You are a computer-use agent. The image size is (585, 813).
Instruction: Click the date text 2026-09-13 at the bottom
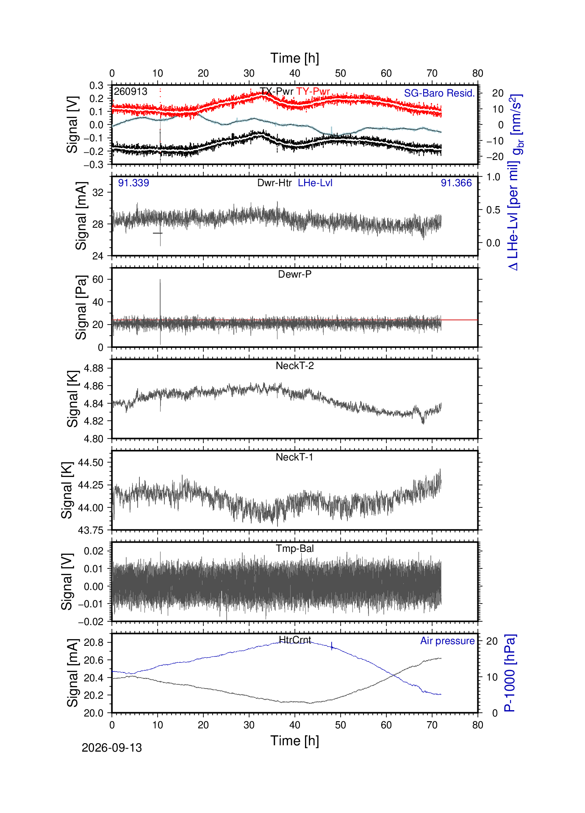pos(112,748)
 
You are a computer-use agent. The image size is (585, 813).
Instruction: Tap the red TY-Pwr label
pos(313,91)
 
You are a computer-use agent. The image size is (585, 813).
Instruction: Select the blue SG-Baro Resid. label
pos(439,93)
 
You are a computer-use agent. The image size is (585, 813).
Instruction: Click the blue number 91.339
pos(133,183)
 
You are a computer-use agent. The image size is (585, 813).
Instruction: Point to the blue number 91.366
pos(456,183)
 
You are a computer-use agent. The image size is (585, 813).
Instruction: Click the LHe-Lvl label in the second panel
pos(315,183)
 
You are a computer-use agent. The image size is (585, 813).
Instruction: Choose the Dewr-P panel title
pos(295,274)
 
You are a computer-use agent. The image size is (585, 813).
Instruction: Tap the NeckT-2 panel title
pos(295,366)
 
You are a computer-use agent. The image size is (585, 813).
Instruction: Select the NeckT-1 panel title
pos(294,457)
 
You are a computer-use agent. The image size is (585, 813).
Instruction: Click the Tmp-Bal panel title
pos(295,548)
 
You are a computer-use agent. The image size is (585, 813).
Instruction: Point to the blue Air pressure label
pos(447,641)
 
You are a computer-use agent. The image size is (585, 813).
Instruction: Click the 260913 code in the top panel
pos(130,91)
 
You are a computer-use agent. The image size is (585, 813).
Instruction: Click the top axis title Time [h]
pos(295,58)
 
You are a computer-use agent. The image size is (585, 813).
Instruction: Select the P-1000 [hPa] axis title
pos(510,673)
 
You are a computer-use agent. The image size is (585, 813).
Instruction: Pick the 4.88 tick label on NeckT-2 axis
pos(94,368)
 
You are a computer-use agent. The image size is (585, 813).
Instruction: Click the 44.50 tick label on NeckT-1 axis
pos(91,463)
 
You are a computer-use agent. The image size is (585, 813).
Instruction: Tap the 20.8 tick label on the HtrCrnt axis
pos(94,642)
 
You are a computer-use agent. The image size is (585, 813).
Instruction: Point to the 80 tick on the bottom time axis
pos(478,725)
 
